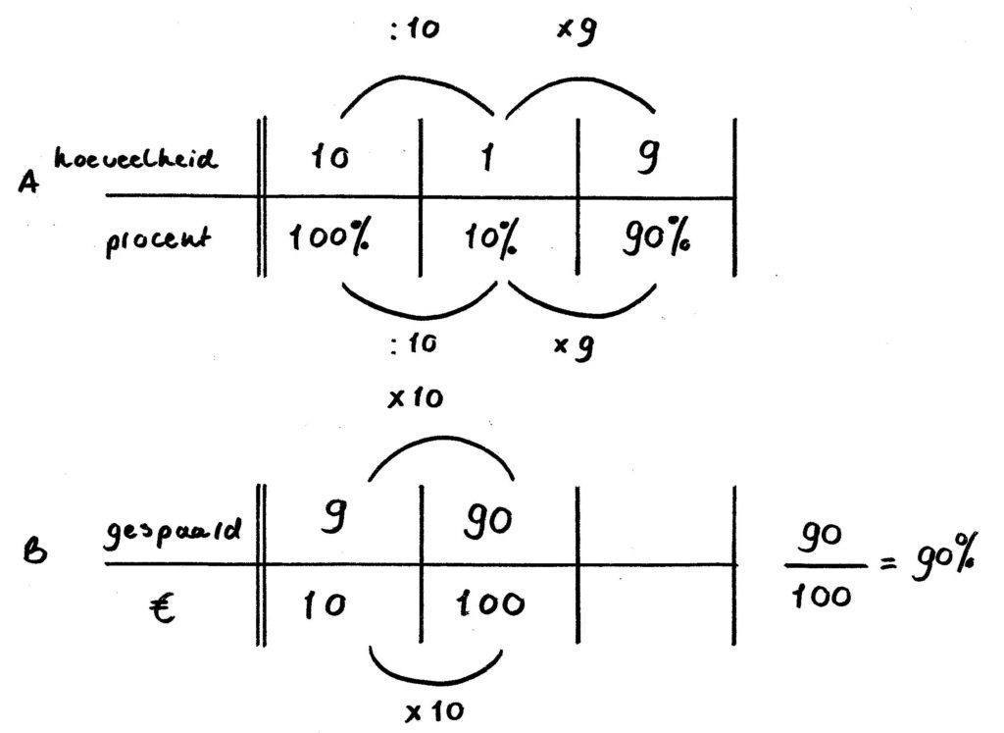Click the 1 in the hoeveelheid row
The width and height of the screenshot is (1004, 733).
(x=485, y=157)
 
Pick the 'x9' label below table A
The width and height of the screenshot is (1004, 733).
(x=577, y=344)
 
